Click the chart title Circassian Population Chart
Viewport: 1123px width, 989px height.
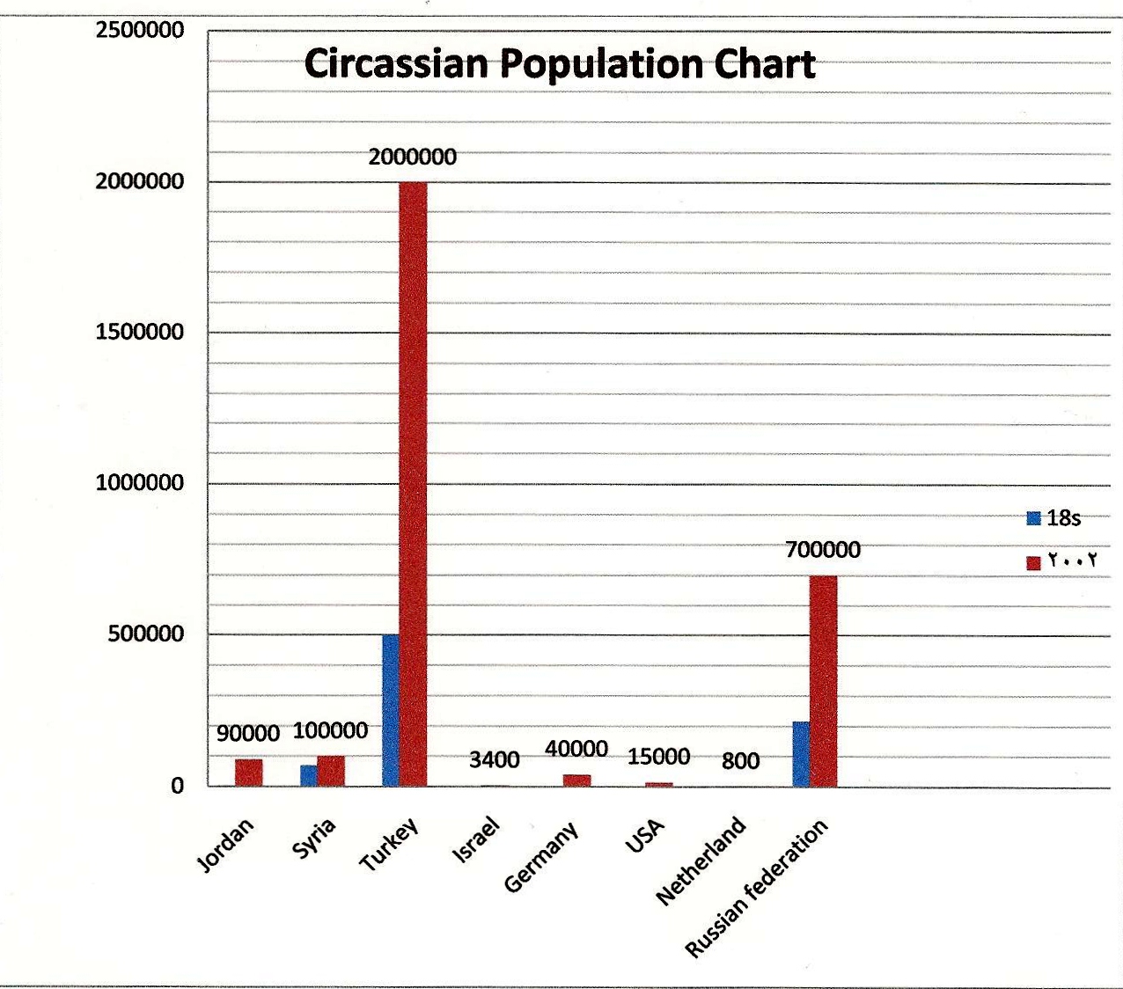point(560,64)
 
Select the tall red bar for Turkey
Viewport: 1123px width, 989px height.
point(413,484)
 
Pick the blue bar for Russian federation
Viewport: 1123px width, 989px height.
point(801,754)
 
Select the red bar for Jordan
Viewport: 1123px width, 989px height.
point(248,772)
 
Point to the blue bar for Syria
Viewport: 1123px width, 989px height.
point(308,775)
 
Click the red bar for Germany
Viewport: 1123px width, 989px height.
point(576,780)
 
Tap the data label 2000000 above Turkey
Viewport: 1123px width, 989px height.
point(413,158)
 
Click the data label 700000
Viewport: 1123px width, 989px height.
point(823,550)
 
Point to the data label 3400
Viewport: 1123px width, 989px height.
point(494,759)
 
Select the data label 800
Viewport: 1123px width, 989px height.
point(740,760)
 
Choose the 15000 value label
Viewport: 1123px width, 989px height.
point(658,757)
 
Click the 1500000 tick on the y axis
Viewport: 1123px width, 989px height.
point(140,333)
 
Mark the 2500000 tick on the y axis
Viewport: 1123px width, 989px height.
point(140,31)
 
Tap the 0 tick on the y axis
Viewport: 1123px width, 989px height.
point(177,786)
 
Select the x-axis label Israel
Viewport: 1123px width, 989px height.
point(476,839)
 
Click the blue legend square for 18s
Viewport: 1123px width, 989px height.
point(1034,518)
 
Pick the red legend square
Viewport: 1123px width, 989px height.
point(1034,562)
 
